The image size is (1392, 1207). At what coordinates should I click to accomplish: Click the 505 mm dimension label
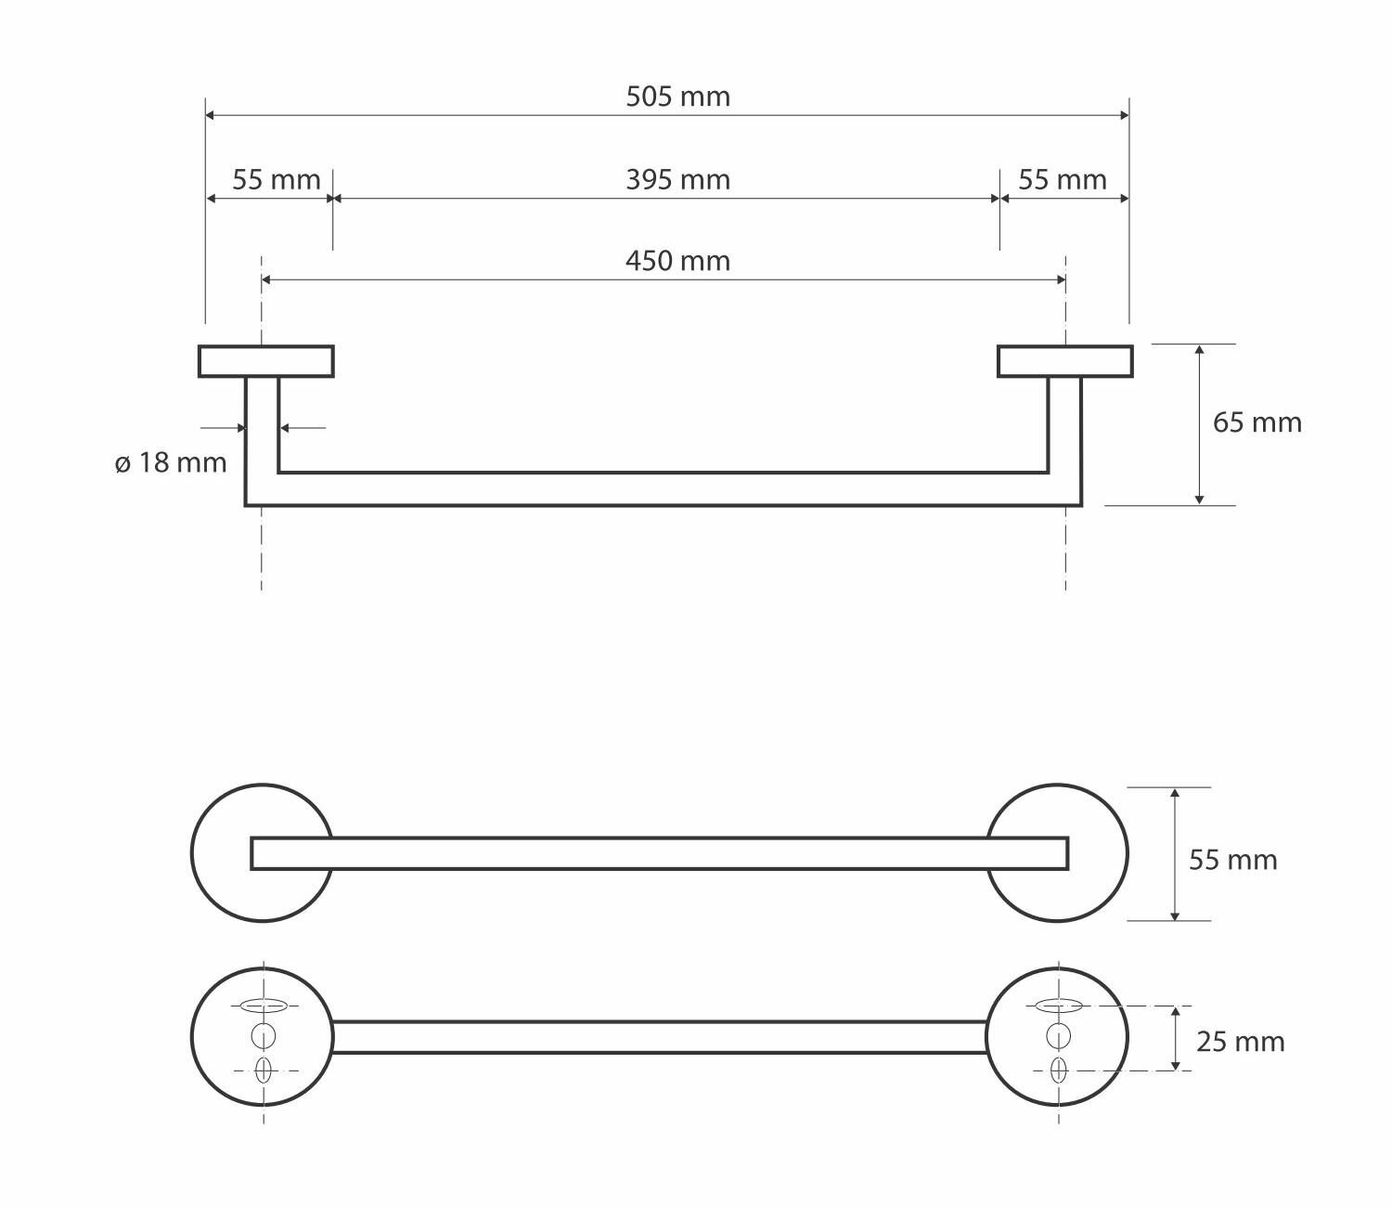click(677, 97)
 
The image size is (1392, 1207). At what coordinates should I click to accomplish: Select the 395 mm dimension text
click(677, 179)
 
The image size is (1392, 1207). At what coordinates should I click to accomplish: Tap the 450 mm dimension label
click(677, 261)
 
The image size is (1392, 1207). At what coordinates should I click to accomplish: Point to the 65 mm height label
click(1257, 422)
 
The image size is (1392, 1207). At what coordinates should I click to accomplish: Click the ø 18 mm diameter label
click(171, 462)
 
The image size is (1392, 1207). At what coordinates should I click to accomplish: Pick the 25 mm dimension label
click(1240, 1042)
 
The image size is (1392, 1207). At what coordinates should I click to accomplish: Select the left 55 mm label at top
click(276, 179)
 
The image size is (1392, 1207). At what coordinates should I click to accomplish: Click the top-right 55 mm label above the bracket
click(1062, 179)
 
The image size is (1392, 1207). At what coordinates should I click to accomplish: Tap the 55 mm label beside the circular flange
click(1232, 860)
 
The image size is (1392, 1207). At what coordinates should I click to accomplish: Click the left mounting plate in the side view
click(266, 361)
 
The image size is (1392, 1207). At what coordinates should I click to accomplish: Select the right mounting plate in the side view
click(1064, 361)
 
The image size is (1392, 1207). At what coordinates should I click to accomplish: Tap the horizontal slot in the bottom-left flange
click(264, 1006)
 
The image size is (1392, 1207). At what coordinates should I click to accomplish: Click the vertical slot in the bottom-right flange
click(1059, 1071)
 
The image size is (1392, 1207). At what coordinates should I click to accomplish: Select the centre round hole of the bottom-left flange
click(264, 1035)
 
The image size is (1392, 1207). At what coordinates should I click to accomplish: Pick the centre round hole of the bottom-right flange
click(1059, 1035)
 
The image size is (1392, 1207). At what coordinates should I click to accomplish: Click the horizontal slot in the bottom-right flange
click(1059, 1006)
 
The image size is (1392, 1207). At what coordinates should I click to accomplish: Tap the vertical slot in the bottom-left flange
click(264, 1071)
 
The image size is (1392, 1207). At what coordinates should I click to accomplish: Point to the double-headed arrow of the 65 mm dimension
click(1199, 424)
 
